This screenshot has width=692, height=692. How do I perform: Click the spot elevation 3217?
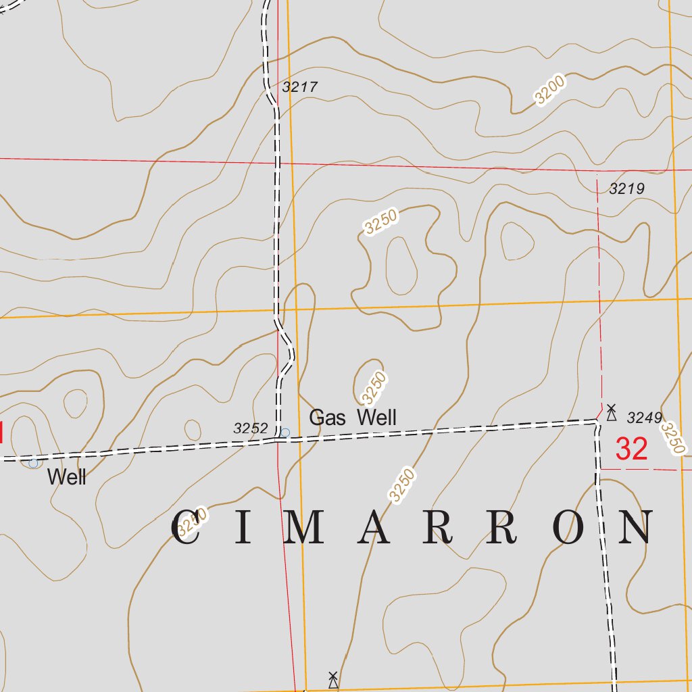pos(300,87)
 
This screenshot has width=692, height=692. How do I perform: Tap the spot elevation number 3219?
pos(626,189)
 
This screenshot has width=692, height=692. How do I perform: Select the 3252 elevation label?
pos(251,428)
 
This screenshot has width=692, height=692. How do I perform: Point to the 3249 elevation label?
pos(644,418)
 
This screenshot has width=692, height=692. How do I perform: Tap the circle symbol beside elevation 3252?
pos(285,432)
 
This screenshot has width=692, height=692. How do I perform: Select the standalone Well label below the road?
pos(67,477)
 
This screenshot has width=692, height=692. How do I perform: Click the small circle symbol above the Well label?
pos(33,463)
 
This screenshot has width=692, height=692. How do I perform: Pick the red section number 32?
pos(632,449)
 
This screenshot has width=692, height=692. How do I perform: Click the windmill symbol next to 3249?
pos(611,413)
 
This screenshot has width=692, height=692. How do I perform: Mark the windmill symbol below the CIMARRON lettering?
pos(332,680)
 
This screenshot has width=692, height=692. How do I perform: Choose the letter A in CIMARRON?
pos(376,528)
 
